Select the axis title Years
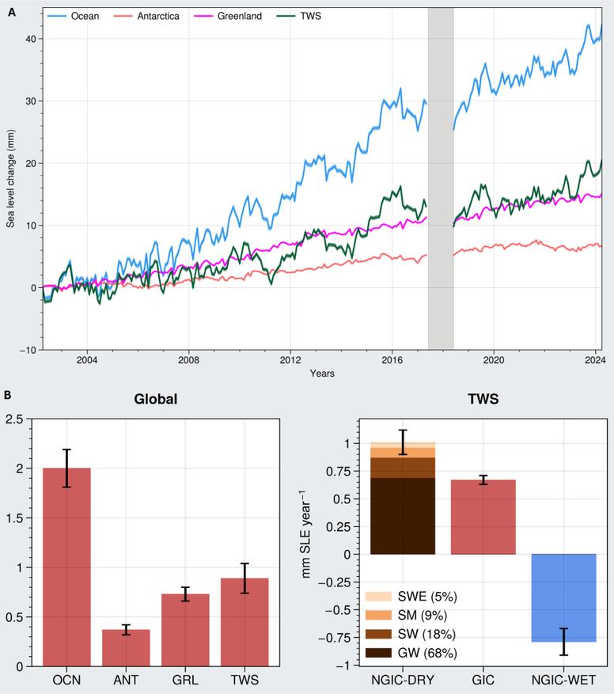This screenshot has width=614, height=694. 321,372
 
